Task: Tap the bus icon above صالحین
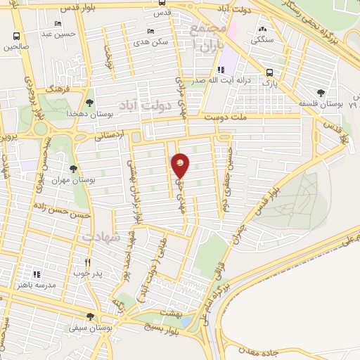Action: click(16, 37)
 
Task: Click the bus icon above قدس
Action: click(163, 3)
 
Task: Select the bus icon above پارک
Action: click(269, 72)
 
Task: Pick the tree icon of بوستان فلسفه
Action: click(321, 92)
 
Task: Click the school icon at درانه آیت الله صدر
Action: click(221, 70)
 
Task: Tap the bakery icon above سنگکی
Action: click(262, 30)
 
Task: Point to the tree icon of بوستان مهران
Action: click(73, 169)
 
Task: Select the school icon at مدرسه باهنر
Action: click(38, 274)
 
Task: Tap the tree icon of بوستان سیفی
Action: click(90, 317)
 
